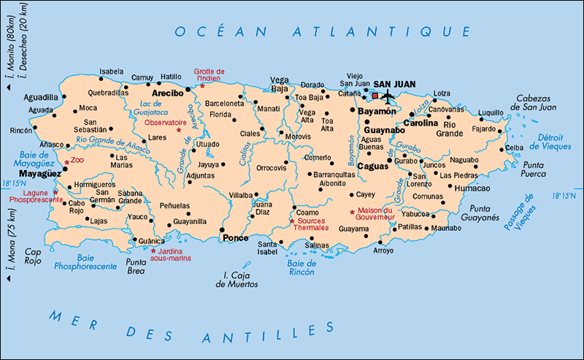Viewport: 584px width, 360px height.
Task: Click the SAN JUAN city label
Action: [394, 84]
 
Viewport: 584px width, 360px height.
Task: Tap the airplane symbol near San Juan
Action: [387, 95]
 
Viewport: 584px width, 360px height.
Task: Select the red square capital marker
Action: [375, 96]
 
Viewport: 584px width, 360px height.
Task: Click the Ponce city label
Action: [235, 238]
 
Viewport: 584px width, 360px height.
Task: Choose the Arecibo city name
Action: [167, 93]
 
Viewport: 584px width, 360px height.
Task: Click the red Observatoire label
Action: [164, 123]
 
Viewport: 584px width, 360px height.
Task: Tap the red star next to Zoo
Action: [66, 161]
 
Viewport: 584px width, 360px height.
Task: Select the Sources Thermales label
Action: [312, 223]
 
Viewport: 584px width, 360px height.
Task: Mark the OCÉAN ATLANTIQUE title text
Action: [322, 31]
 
